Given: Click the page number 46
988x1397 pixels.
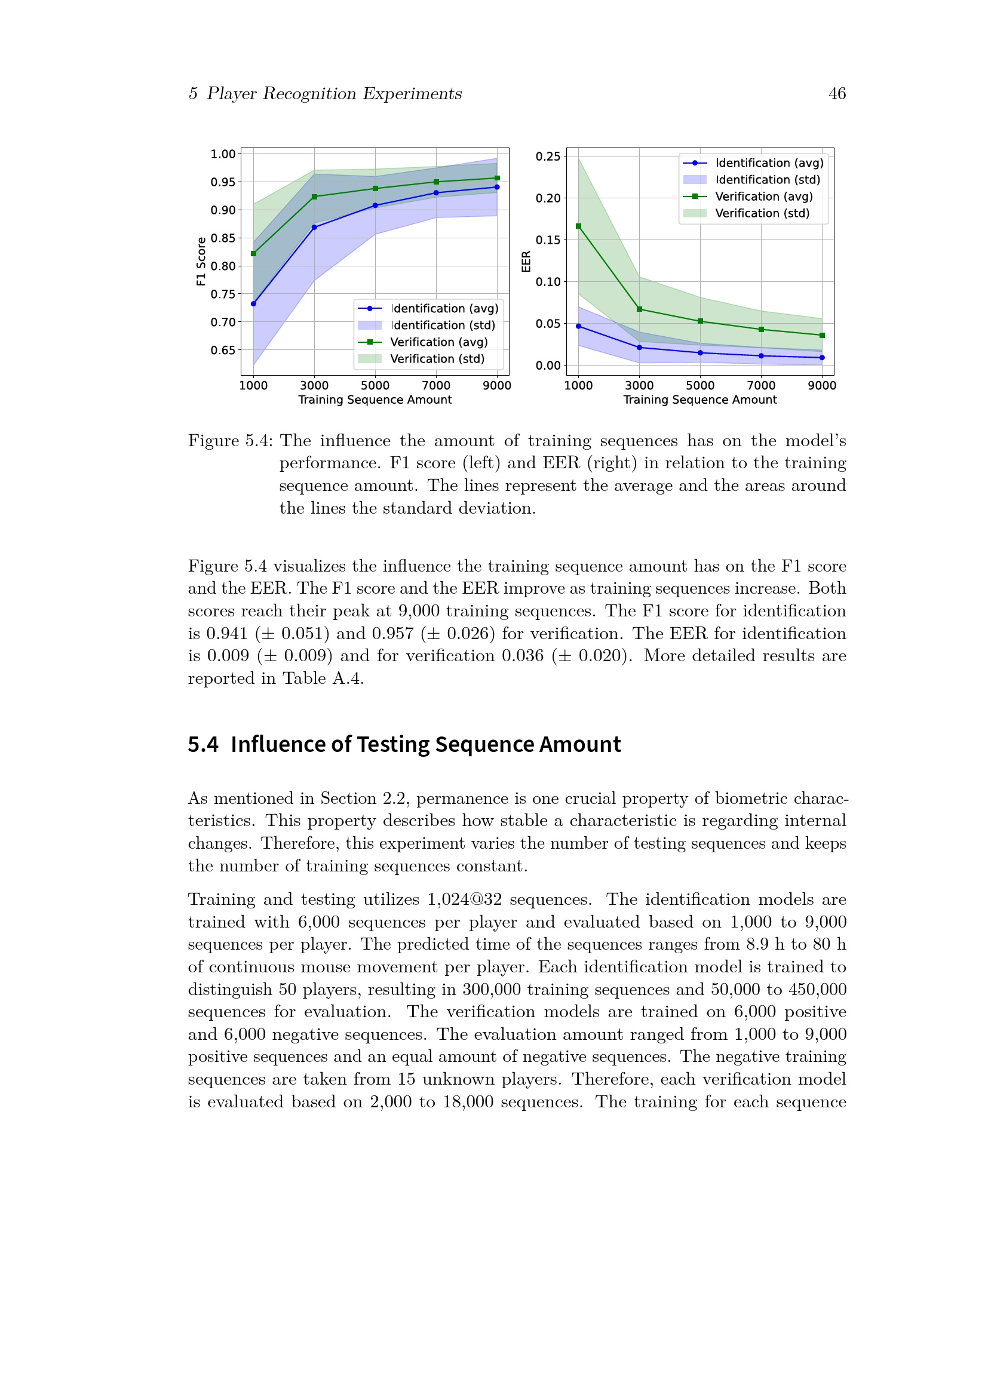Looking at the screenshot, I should [x=836, y=94].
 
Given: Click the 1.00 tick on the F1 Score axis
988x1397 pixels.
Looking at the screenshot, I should [x=223, y=155].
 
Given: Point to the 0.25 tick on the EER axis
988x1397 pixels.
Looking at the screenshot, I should [x=548, y=156].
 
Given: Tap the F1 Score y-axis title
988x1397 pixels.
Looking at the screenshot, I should [x=201, y=261].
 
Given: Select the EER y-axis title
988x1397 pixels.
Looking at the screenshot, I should [x=526, y=261].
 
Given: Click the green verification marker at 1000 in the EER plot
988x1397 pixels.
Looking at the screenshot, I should [x=579, y=226].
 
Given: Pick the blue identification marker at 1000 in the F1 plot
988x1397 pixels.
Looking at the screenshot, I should [x=254, y=303].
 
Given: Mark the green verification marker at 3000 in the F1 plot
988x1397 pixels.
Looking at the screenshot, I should [x=315, y=197].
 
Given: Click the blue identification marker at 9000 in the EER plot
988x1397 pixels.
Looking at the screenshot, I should [x=822, y=358].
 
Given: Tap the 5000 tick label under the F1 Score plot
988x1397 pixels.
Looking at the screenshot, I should [x=375, y=386].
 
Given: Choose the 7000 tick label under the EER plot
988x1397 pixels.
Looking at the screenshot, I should [x=761, y=386].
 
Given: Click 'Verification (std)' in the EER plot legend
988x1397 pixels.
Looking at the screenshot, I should [x=762, y=214].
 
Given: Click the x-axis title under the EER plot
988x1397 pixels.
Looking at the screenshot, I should [x=699, y=400].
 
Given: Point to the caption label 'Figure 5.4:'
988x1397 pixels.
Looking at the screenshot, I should [x=231, y=441].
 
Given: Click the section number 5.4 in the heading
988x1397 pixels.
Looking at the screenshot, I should [x=202, y=745].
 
